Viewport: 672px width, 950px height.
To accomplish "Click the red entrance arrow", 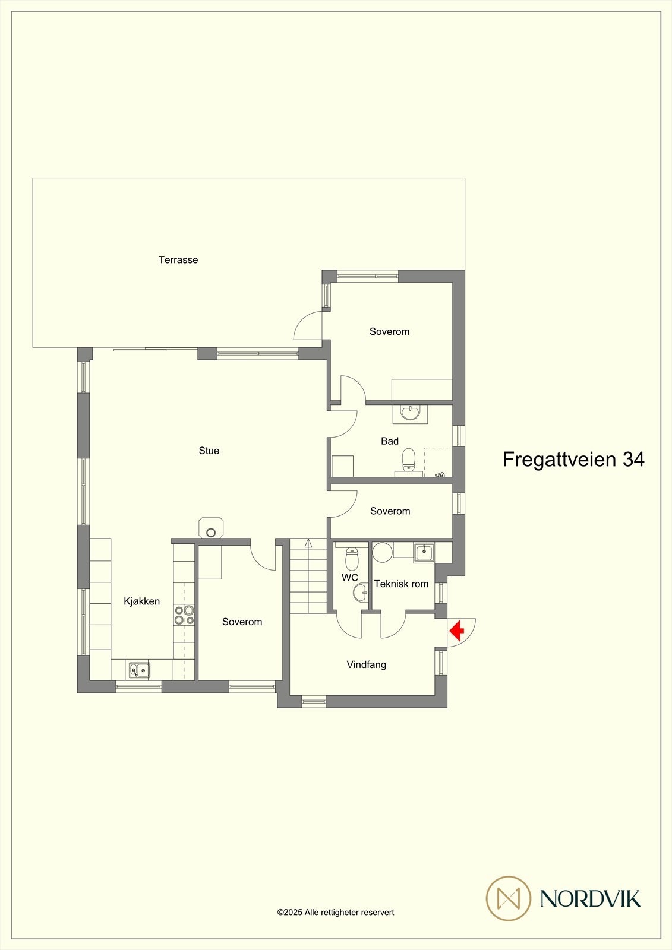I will click(x=456, y=630).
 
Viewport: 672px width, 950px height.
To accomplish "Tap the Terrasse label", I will click(x=178, y=259).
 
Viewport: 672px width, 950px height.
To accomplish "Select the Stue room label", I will click(x=209, y=451).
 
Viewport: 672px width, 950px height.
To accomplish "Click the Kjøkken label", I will click(x=141, y=601).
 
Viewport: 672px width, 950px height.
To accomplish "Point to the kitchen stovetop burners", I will click(x=184, y=615).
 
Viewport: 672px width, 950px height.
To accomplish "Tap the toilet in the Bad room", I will click(x=408, y=458).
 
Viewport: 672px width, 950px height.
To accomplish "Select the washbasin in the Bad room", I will click(x=410, y=412).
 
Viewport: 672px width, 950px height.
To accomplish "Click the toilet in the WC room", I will click(x=352, y=558).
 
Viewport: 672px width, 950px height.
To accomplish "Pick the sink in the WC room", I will click(x=360, y=592).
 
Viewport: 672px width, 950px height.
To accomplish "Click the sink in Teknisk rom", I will click(x=424, y=553).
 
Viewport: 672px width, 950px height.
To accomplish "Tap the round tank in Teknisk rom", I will click(x=382, y=552).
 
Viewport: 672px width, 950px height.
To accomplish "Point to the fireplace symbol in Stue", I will click(x=211, y=528).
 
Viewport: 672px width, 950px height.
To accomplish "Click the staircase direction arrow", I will click(x=308, y=543).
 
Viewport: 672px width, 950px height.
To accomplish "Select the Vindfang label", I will click(x=367, y=664).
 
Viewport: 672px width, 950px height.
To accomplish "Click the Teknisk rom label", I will click(x=401, y=584).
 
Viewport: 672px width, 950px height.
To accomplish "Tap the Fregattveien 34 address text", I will click(x=573, y=459).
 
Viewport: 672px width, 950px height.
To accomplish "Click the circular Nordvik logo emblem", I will click(x=508, y=898).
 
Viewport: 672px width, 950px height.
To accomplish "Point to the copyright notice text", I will click(x=336, y=913).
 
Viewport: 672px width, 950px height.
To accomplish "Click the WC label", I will click(x=350, y=577).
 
